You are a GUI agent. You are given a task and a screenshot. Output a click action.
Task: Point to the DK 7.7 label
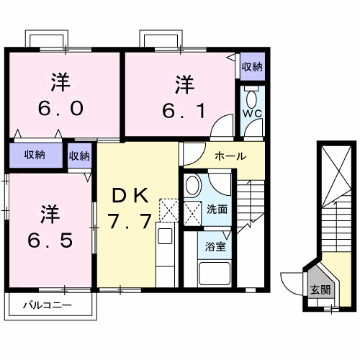130,207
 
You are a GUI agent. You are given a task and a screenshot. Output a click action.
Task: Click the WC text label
251,114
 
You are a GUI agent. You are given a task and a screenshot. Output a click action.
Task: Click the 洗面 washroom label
217,210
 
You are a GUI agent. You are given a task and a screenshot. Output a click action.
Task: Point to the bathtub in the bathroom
215,274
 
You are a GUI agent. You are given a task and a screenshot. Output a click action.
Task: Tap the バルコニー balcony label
47,306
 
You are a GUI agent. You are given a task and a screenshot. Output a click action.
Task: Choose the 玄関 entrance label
320,290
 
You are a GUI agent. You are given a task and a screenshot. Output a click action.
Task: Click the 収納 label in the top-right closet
251,67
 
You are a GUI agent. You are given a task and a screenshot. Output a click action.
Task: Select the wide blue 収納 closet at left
35,155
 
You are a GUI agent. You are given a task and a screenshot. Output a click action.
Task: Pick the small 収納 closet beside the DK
79,155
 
